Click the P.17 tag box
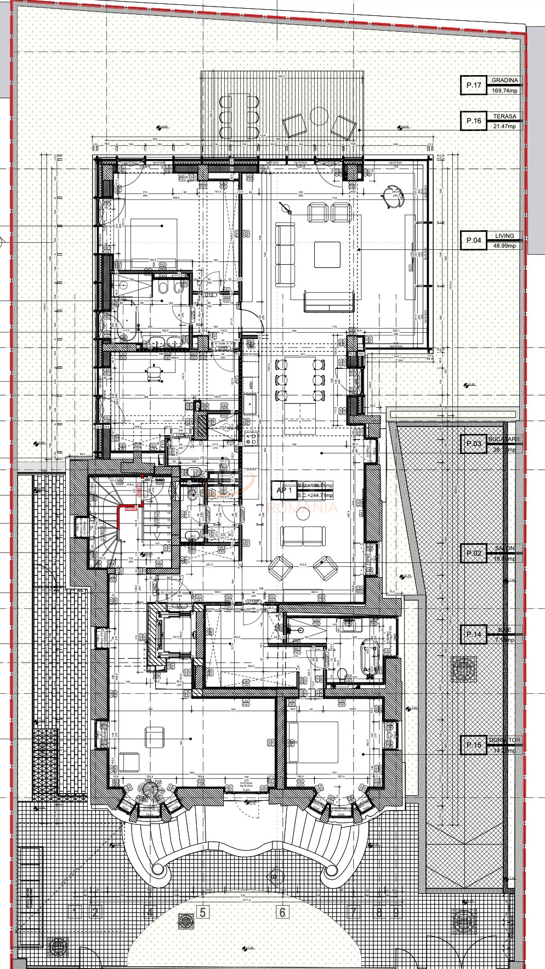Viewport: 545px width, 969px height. click(x=473, y=85)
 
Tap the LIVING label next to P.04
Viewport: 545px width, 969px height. click(x=504, y=236)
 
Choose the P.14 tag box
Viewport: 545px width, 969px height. click(x=473, y=635)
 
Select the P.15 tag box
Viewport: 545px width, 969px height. click(x=473, y=745)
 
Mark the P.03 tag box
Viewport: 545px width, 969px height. click(x=473, y=444)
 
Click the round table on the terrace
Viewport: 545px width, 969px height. click(x=319, y=116)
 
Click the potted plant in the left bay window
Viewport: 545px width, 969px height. click(x=149, y=789)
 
